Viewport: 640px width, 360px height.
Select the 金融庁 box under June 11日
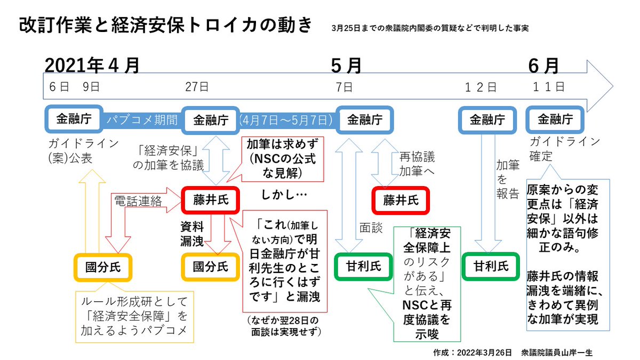click(x=555, y=119)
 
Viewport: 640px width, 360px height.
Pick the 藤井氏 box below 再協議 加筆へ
click(x=401, y=200)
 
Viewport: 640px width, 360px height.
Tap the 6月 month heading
click(x=543, y=65)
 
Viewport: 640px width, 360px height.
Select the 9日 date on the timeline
click(x=91, y=86)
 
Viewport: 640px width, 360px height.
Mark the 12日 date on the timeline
click(x=479, y=87)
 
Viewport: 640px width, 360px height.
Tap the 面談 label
click(x=371, y=228)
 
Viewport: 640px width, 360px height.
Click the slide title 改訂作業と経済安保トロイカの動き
click(x=165, y=27)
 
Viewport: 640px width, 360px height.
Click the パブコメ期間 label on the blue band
click(x=141, y=120)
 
